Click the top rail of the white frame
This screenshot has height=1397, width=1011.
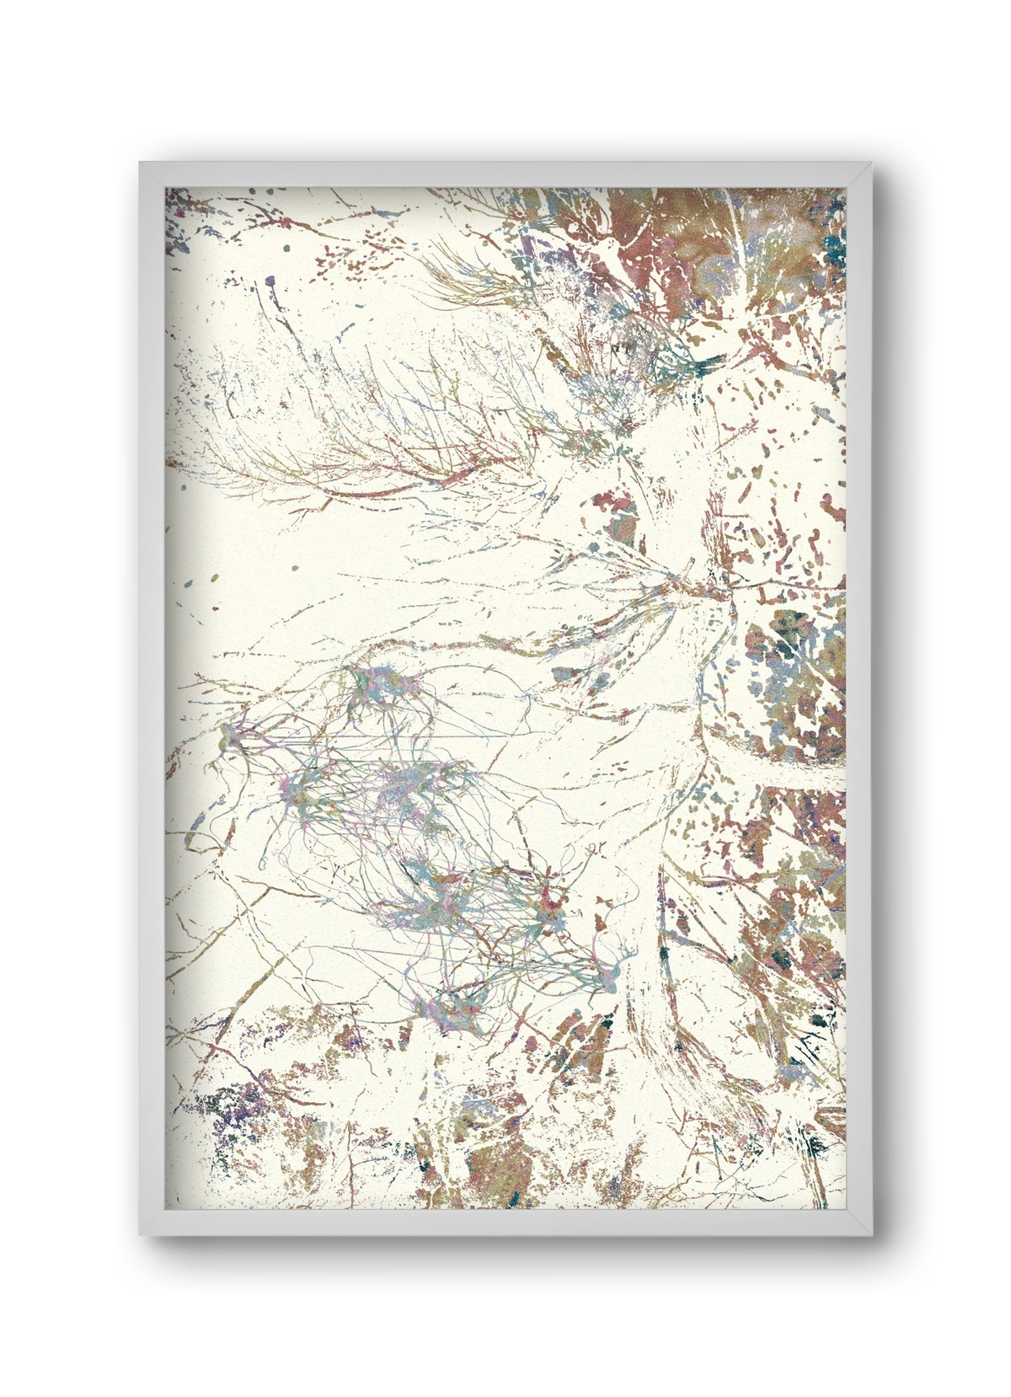pos(505,174)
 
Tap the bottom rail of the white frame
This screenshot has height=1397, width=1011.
pos(505,1223)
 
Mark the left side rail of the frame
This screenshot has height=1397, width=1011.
pos(152,699)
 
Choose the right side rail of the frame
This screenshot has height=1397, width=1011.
pos(859,699)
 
